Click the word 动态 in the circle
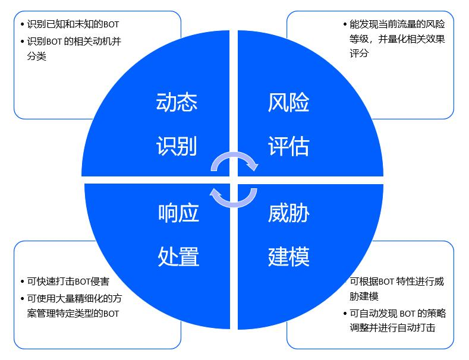click(177, 102)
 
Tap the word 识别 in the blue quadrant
click(177, 146)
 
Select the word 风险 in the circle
click(289, 102)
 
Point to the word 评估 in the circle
click(289, 146)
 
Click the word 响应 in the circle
click(178, 212)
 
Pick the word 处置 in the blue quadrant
click(178, 257)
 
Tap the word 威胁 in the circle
click(289, 212)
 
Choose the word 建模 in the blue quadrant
click(289, 257)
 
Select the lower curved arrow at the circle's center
click(235, 198)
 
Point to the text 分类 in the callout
click(37, 56)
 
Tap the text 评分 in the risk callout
click(359, 53)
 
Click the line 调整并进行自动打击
click(392, 327)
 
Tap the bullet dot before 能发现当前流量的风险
click(345, 25)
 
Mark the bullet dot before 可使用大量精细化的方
click(22, 298)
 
